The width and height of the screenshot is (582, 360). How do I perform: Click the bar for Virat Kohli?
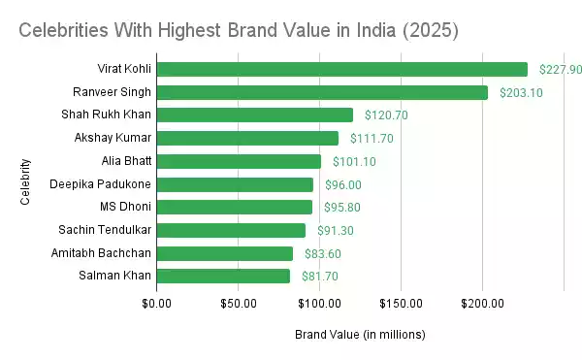(x=341, y=69)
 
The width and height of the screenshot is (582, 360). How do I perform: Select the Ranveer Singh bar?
(x=322, y=92)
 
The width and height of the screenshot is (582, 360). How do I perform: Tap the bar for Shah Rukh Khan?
(x=254, y=115)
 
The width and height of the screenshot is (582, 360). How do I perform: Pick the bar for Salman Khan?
(x=223, y=277)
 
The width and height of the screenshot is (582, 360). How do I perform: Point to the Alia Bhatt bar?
(x=239, y=161)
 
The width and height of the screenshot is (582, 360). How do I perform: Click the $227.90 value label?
(x=562, y=69)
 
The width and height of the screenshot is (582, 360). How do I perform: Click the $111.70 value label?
(x=372, y=138)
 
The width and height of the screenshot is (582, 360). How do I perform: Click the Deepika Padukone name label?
(x=101, y=184)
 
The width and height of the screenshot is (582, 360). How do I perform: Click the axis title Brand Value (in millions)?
(x=360, y=335)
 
